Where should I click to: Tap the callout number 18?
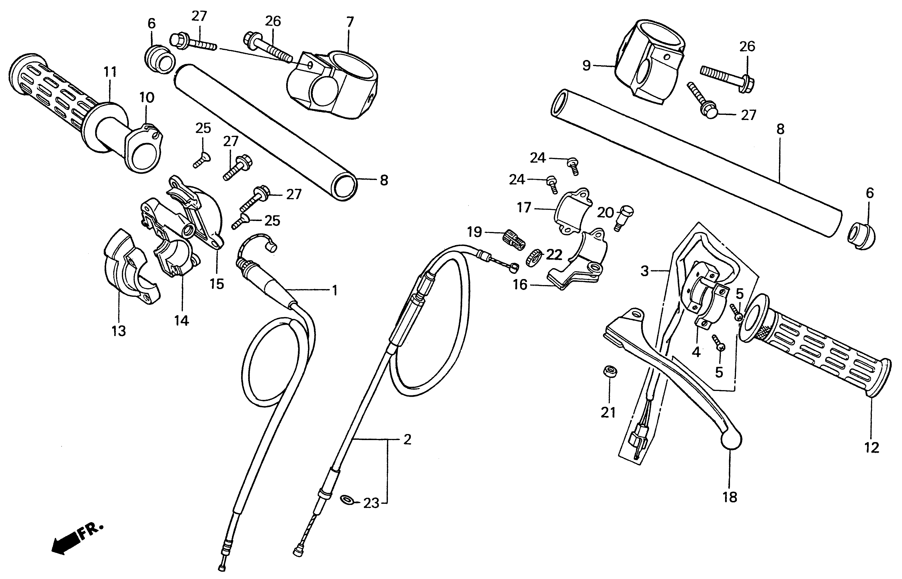(730, 497)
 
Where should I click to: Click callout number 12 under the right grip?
(872, 448)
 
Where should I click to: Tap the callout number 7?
(350, 22)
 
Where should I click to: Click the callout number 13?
(119, 331)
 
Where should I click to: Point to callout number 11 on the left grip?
(110, 71)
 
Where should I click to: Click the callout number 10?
(147, 98)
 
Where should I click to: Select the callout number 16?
(520, 285)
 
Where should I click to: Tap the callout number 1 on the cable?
(335, 290)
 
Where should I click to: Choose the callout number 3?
(645, 271)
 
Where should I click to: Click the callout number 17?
(524, 208)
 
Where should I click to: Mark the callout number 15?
(217, 284)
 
